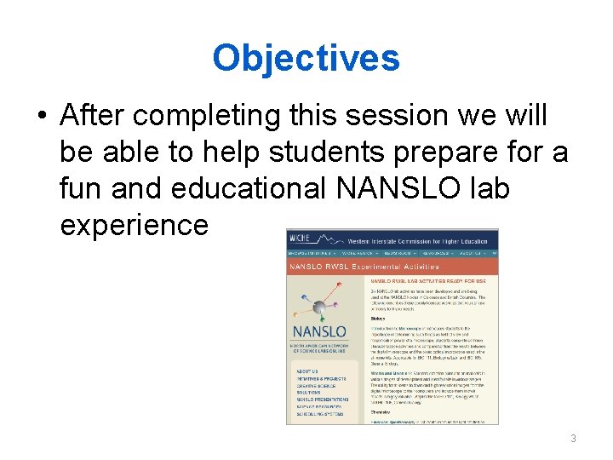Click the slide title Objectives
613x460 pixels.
click(306, 58)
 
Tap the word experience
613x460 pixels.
click(135, 225)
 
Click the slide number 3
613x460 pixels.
click(573, 439)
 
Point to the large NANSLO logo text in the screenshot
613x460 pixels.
click(319, 331)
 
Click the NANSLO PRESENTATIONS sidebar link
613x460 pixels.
click(323, 399)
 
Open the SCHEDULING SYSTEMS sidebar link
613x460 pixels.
click(319, 414)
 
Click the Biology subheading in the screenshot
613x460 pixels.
click(379, 319)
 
